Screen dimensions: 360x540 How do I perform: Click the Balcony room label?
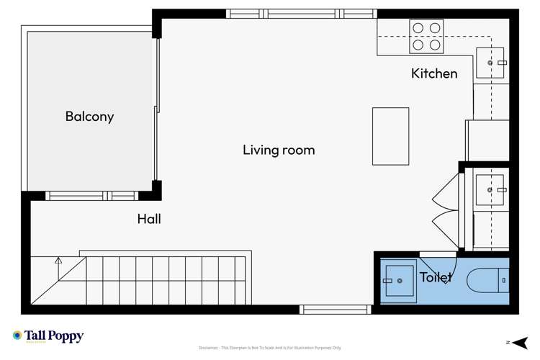89,116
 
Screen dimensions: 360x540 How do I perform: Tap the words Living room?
278,150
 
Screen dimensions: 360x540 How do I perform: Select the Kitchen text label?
433,73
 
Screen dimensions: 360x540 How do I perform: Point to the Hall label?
148,219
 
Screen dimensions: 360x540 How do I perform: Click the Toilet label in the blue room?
436,277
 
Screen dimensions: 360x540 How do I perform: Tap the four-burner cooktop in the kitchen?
425,36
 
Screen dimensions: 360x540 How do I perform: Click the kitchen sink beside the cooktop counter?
490,63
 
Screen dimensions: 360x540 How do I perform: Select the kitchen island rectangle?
390,136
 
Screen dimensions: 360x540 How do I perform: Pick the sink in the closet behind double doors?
489,190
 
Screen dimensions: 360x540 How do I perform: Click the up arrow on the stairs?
58,261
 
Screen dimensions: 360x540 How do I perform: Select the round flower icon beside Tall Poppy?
17,336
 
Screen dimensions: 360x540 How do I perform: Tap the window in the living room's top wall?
302,13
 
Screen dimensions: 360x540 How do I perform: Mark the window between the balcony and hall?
91,195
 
